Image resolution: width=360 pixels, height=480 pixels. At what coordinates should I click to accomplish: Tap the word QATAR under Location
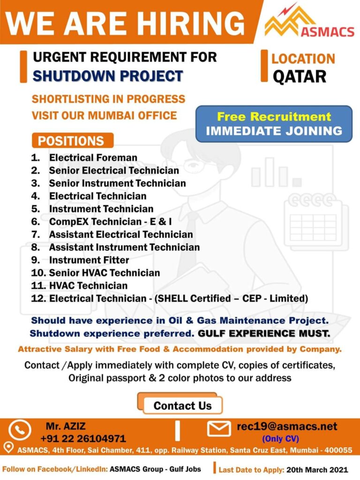(x=299, y=76)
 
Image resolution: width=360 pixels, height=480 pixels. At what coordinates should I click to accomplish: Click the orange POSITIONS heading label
(x=71, y=141)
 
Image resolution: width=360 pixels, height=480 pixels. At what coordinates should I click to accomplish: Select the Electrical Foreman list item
(x=93, y=158)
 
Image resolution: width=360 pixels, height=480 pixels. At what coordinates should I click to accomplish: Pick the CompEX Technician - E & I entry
(x=110, y=221)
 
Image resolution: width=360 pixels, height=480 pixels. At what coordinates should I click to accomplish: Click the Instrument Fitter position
(x=89, y=259)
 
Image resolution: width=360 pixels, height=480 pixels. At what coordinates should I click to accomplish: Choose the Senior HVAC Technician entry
(x=104, y=273)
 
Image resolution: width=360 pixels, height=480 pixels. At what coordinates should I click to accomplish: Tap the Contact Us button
(x=182, y=406)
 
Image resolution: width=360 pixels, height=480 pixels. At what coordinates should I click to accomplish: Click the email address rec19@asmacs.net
(x=287, y=427)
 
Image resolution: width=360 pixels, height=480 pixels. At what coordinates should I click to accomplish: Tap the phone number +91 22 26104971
(x=83, y=439)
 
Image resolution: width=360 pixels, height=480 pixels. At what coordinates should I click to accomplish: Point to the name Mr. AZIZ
(x=66, y=427)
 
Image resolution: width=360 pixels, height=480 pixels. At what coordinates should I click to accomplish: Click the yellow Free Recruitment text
(x=274, y=116)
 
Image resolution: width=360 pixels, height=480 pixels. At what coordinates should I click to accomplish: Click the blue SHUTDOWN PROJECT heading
(x=108, y=76)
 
